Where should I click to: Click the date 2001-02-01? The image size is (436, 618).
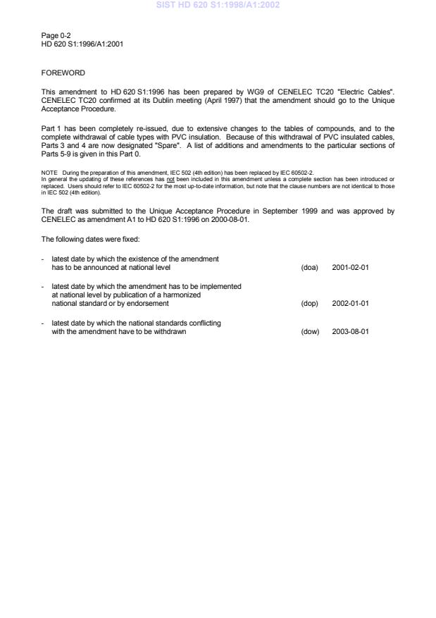[350, 268]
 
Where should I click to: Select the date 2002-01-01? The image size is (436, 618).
[350, 304]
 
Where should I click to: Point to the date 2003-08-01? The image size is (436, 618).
[350, 333]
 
